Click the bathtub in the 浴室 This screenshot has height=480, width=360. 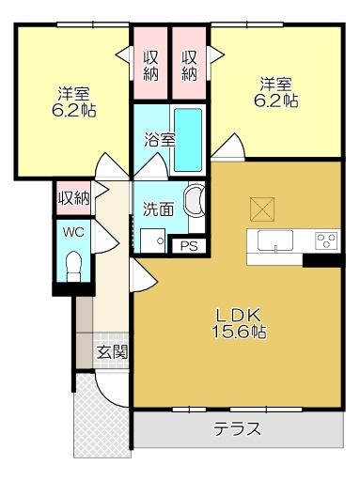(187, 140)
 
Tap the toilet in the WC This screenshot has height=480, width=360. (74, 266)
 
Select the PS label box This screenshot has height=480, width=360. (189, 246)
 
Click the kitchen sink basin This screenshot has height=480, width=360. (275, 240)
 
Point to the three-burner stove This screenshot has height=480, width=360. (326, 240)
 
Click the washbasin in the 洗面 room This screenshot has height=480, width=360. (195, 199)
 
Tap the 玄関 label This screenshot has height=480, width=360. (112, 352)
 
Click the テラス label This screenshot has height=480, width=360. (237, 428)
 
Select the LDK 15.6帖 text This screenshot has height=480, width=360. (239, 324)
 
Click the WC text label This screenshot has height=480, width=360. (73, 232)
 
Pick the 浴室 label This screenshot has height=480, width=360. (160, 140)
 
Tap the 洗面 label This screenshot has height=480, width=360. (158, 209)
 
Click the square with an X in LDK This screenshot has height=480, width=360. (262, 209)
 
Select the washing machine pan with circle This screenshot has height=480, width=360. (152, 240)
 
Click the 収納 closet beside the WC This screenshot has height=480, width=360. (74, 198)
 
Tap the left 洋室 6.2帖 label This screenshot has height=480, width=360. (73, 101)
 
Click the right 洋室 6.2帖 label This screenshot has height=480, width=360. (275, 92)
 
